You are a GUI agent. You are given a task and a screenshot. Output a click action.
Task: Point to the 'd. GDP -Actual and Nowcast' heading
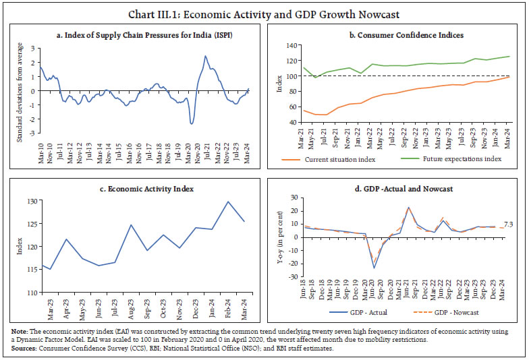pos(397,189)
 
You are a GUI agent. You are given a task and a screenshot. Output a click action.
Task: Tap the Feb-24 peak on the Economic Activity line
pos(227,202)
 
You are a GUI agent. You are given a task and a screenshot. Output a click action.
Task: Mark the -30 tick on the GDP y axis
pos(293,276)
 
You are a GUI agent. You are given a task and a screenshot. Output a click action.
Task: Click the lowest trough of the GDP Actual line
pos(374,268)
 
